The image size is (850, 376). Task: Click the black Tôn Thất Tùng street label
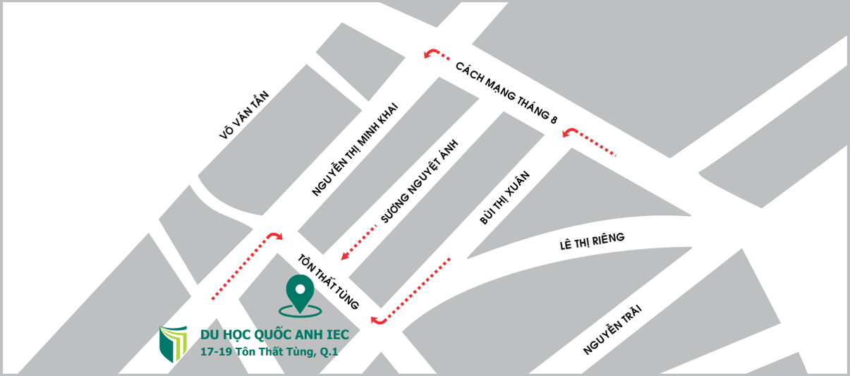pyautogui.click(x=328, y=281)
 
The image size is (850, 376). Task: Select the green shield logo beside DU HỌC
pyautogui.click(x=173, y=343)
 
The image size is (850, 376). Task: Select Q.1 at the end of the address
pyautogui.click(x=329, y=351)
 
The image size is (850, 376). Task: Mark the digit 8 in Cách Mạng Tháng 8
pyautogui.click(x=554, y=121)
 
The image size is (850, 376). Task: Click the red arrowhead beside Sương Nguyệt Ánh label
pyautogui.click(x=346, y=255)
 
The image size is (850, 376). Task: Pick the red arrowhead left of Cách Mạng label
pyautogui.click(x=429, y=54)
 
